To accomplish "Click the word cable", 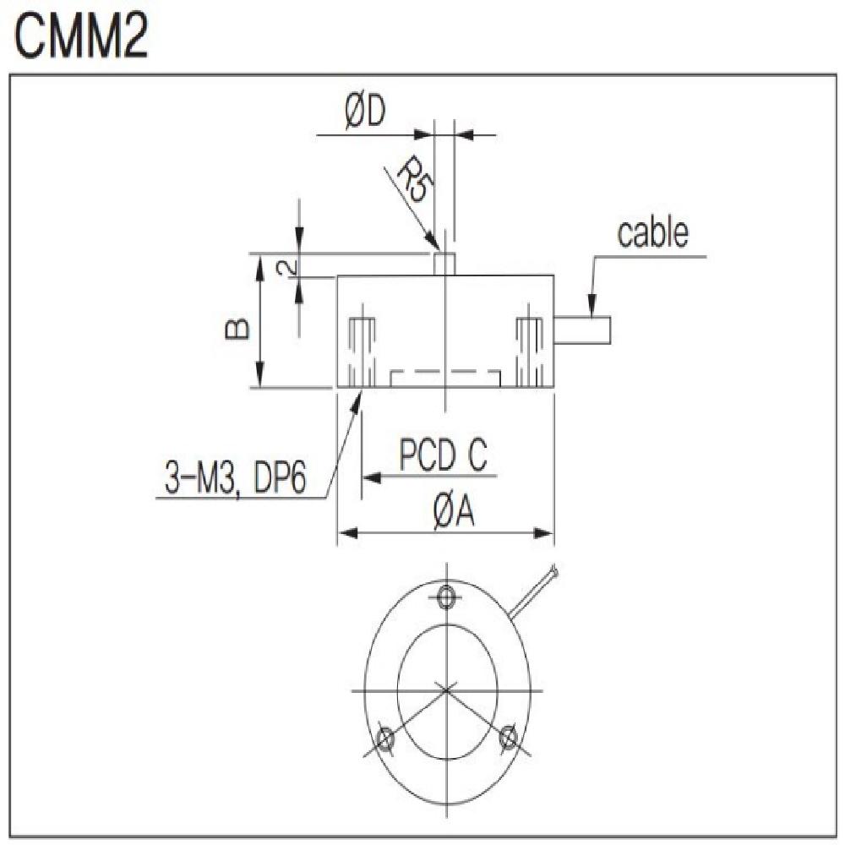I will (651, 233).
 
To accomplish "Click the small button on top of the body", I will (444, 263).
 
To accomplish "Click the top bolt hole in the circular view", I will (446, 598).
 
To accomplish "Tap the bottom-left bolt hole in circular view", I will (384, 739).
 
